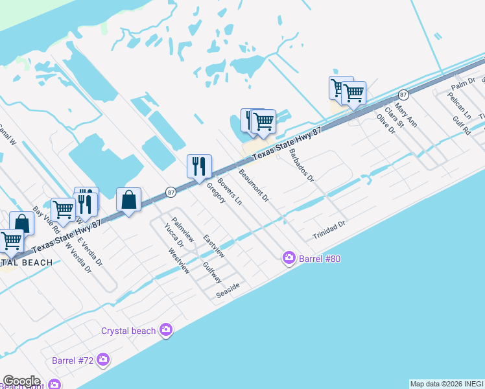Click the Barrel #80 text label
pos(320,259)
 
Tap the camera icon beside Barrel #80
pos(289,258)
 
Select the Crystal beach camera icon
pos(167,331)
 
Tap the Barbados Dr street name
pos(302,165)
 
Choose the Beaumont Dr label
pos(254,186)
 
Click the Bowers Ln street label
pos(230,192)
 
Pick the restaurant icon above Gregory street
pos(199,167)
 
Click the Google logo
pos(21,381)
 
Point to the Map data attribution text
pos(446,384)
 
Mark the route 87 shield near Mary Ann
pos(403,94)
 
